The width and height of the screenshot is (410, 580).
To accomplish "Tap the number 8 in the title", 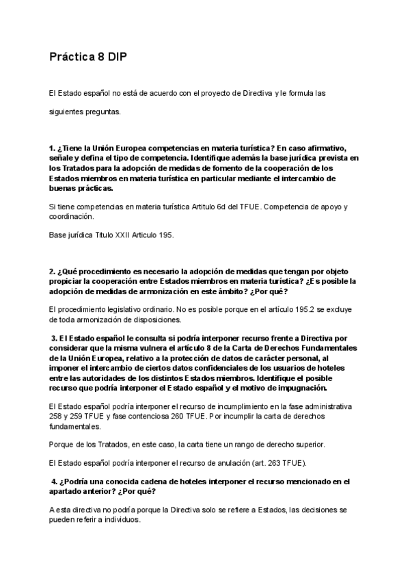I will click(x=100, y=58).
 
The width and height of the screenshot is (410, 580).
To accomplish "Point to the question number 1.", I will click(x=52, y=148).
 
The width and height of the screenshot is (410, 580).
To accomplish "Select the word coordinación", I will click(x=71, y=216).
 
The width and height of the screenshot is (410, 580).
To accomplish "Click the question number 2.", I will click(x=52, y=272).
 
